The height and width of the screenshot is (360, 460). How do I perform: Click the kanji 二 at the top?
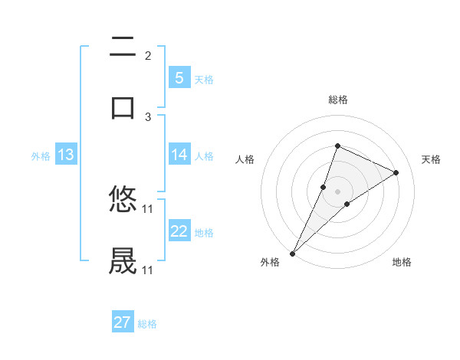tap(123, 47)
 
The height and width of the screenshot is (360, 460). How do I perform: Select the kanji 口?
tap(123, 107)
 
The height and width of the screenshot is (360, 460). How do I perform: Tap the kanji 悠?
tap(123, 201)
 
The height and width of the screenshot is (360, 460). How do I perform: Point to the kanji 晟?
tap(123, 261)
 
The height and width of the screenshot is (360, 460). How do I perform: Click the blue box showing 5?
tap(179, 77)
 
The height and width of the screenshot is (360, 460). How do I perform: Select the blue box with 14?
tap(179, 155)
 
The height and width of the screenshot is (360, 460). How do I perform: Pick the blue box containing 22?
tap(179, 231)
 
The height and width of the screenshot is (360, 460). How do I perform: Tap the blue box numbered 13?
tap(66, 155)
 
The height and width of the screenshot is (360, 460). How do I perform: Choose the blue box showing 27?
tap(123, 322)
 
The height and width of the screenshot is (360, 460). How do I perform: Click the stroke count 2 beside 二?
tap(148, 55)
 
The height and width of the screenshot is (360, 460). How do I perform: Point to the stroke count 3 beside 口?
tap(148, 116)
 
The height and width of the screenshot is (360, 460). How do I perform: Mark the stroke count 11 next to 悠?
tap(148, 208)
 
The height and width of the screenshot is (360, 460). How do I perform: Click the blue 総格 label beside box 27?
tap(147, 324)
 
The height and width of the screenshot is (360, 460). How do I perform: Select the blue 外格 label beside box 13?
tap(41, 155)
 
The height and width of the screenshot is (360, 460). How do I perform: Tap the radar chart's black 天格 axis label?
tap(431, 159)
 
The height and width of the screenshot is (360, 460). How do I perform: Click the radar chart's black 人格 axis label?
tap(245, 159)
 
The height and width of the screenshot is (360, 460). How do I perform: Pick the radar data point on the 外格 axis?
tap(292, 253)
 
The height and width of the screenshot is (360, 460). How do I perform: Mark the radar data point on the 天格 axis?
tap(396, 172)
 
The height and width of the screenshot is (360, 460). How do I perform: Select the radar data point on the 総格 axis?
tap(337, 146)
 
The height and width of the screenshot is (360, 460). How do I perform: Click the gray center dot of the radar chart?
tap(337, 191)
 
